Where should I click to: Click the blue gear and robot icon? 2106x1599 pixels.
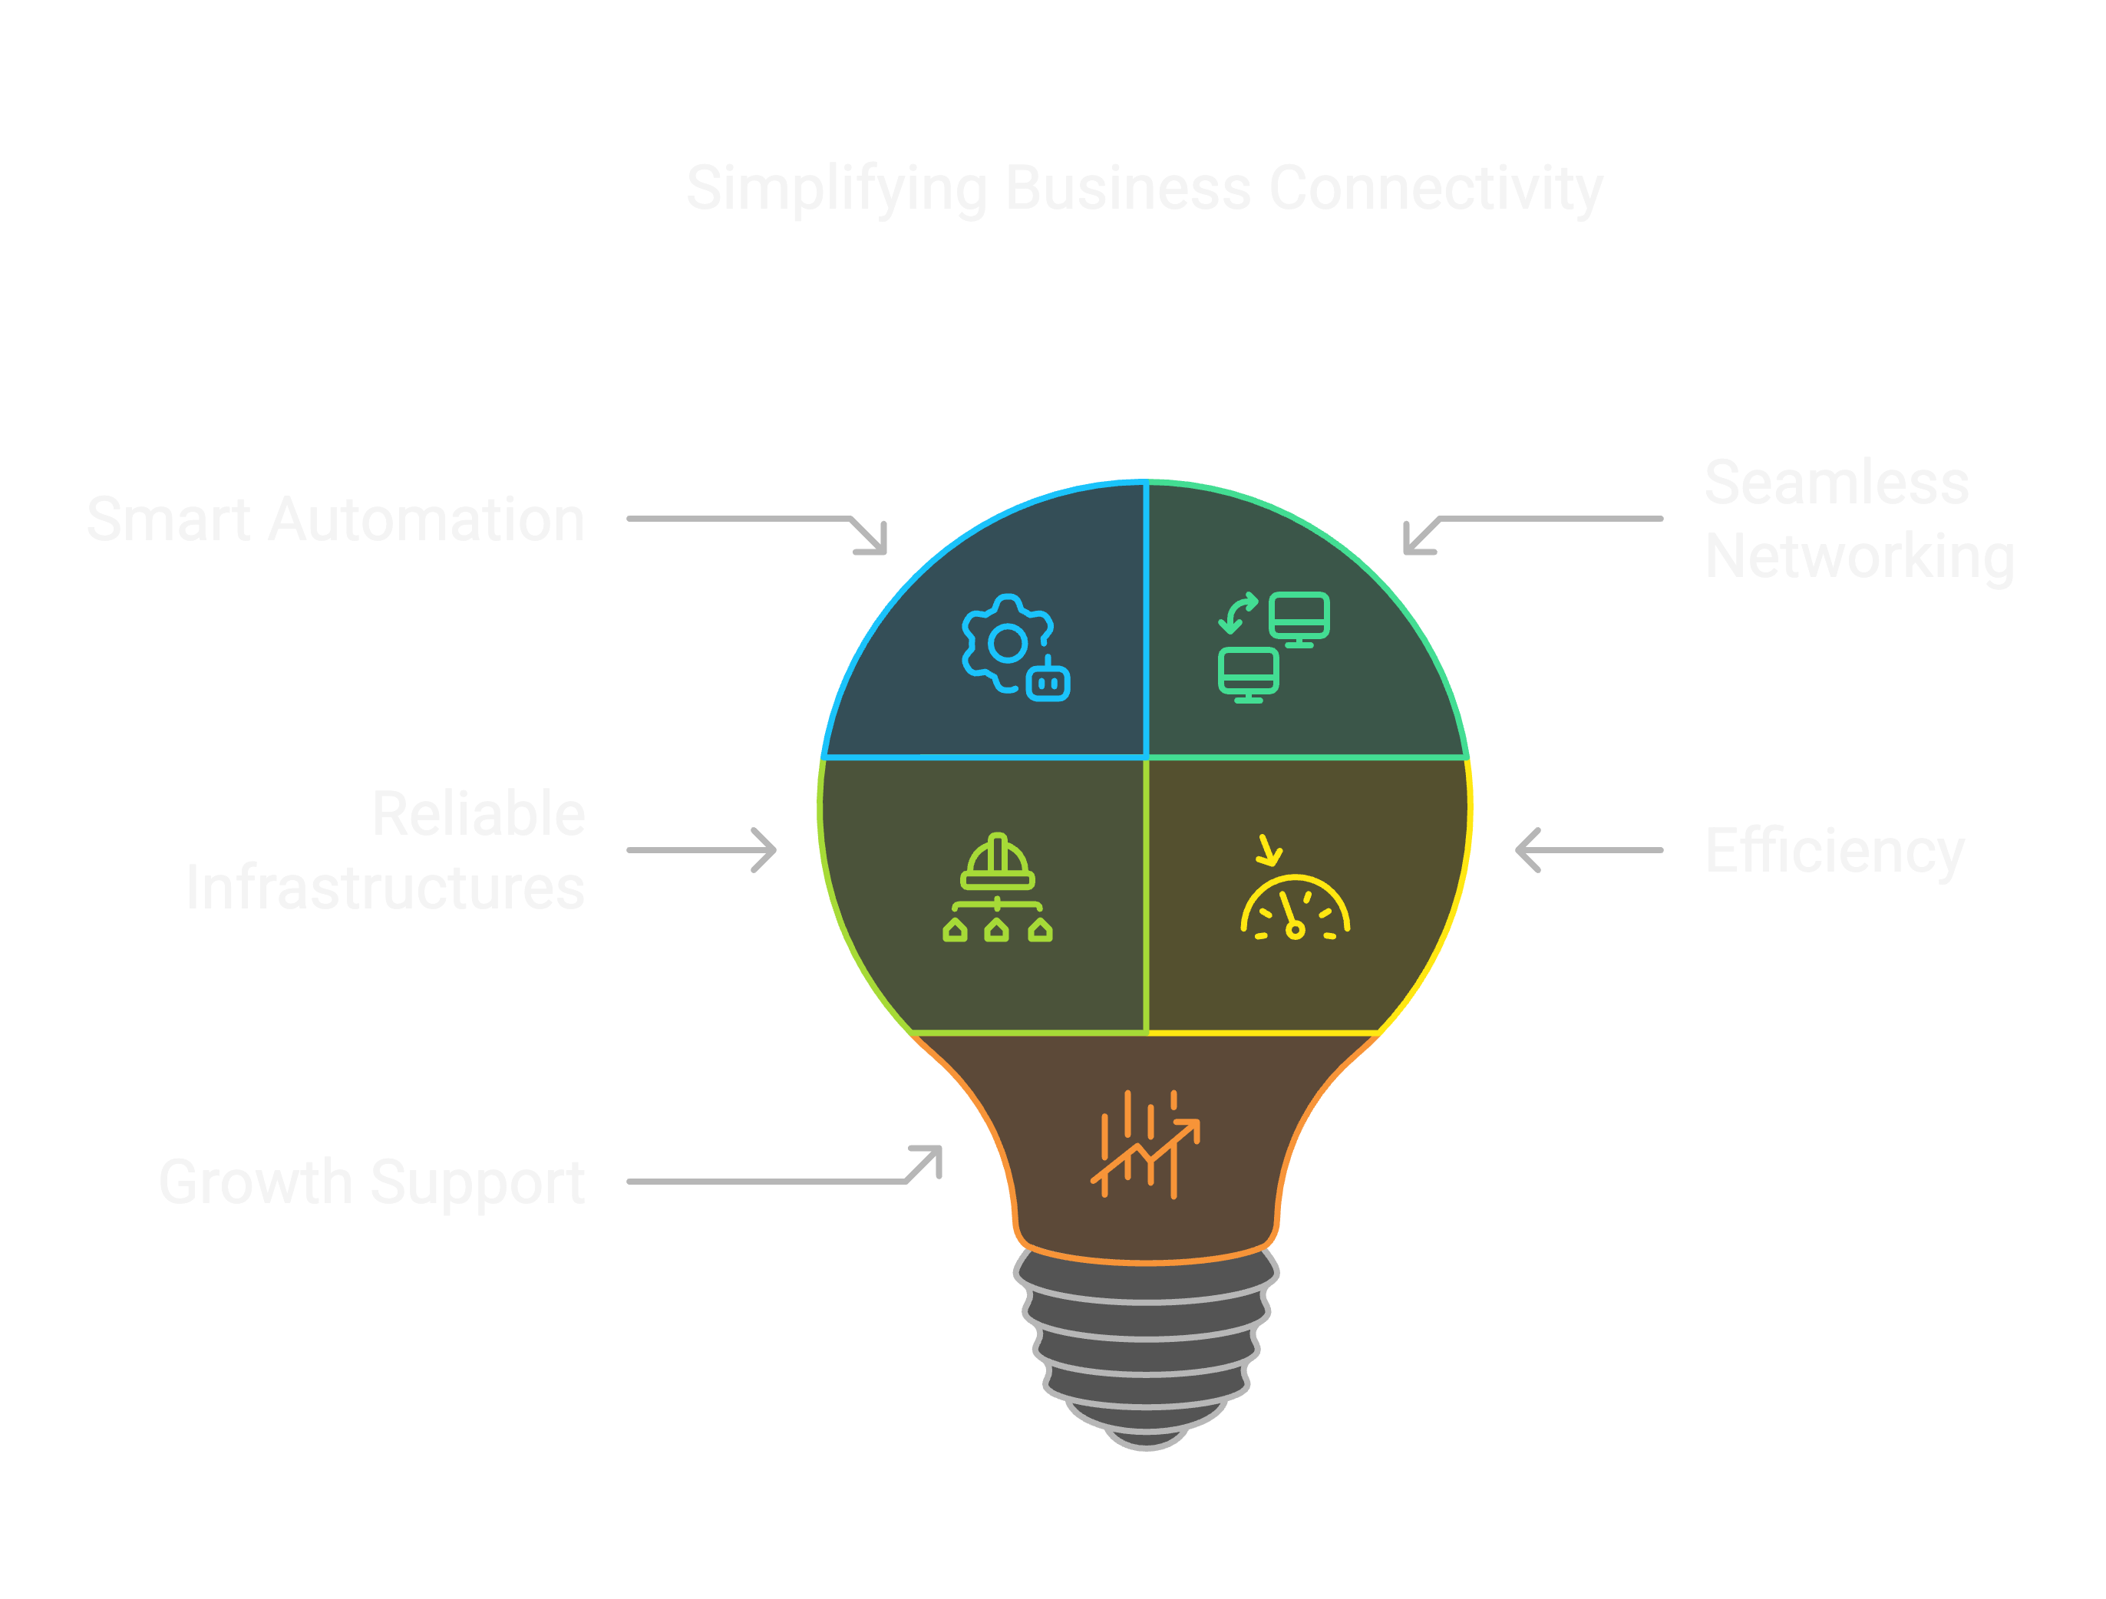pos(1015,648)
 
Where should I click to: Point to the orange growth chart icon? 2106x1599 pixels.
pos(1145,1145)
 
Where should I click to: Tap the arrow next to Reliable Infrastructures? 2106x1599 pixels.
pos(701,850)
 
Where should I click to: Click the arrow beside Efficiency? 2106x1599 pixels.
pos(1588,850)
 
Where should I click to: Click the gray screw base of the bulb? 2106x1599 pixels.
pos(1147,1351)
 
